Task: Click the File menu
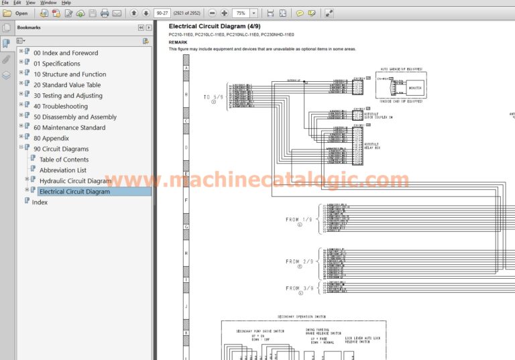[x=5, y=3]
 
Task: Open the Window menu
[x=48, y=3]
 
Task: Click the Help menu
[x=66, y=3]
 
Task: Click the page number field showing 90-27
[x=162, y=13]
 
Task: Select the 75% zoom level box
[x=241, y=13]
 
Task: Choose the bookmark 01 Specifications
[x=56, y=64]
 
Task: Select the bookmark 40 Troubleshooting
[x=60, y=107]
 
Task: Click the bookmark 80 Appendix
[x=51, y=138]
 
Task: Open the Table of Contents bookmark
[x=64, y=160]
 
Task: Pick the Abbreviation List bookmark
[x=62, y=170]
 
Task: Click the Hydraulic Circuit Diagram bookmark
[x=75, y=181]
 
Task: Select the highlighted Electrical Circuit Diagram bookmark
[x=74, y=192]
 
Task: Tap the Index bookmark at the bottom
[x=40, y=202]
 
